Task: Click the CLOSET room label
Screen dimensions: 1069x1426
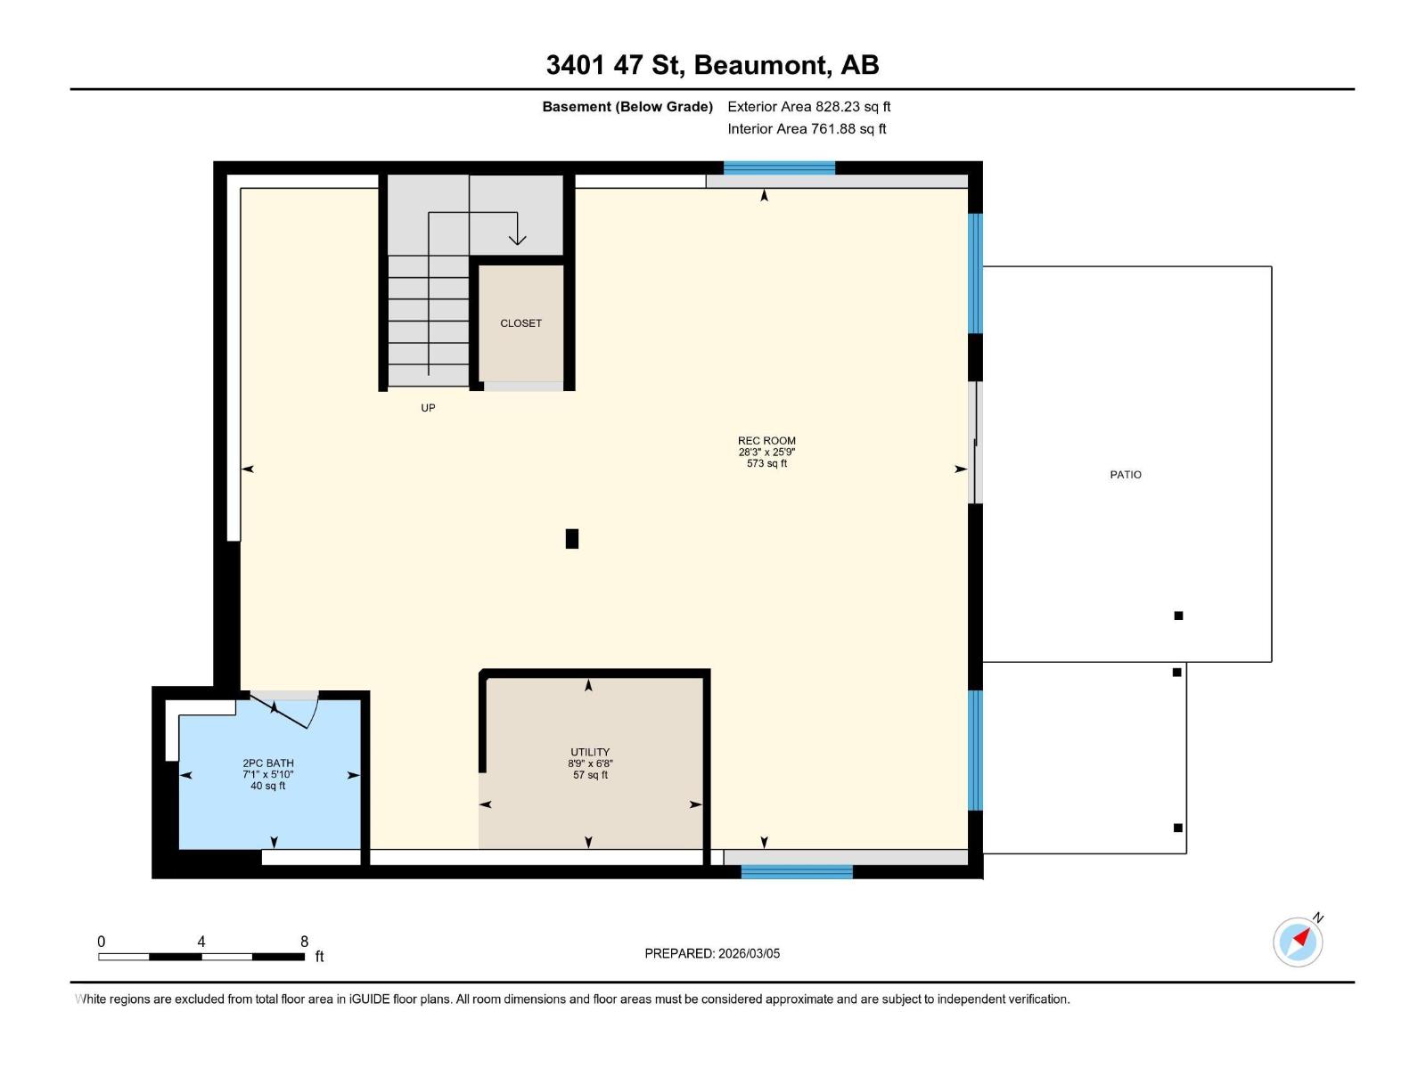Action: [x=520, y=323]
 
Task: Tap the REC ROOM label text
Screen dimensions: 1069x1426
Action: [x=766, y=440]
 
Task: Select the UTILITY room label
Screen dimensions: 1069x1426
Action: [x=590, y=752]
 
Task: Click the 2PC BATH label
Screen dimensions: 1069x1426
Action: [x=268, y=763]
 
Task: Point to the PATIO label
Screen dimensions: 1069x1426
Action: [x=1126, y=475]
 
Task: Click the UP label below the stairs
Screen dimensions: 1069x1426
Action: [x=428, y=408]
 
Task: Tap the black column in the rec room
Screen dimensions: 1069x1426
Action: [x=572, y=539]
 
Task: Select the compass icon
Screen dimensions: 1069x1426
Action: [x=1298, y=942]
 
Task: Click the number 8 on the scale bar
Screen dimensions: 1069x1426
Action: [x=304, y=942]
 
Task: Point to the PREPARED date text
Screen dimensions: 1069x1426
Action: [x=712, y=953]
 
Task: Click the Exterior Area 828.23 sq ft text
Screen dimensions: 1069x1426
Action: [x=808, y=107]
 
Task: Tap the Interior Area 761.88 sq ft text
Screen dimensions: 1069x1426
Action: [x=807, y=129]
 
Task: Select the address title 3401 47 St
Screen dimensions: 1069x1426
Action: [x=712, y=65]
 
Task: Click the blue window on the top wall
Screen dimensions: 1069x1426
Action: [x=779, y=168]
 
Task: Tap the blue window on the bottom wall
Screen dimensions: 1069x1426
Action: [x=797, y=871]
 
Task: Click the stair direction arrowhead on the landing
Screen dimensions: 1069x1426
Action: [x=517, y=239]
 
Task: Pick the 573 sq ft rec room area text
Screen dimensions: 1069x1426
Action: [x=766, y=463]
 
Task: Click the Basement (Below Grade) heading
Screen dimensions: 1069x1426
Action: [x=627, y=107]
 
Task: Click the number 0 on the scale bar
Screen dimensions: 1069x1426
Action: [x=102, y=942]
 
